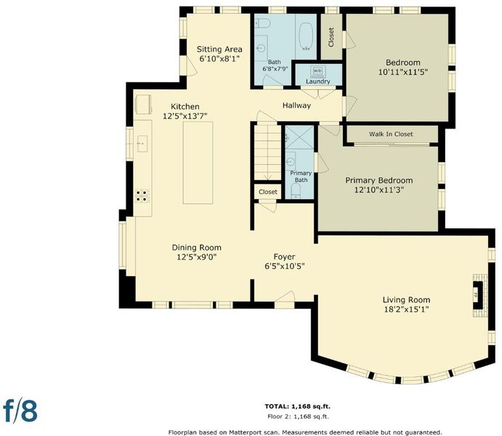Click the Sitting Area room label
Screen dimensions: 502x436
click(219, 49)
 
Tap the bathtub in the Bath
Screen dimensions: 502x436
click(306, 36)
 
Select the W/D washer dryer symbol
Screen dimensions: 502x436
click(317, 71)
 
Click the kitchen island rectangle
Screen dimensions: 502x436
click(198, 163)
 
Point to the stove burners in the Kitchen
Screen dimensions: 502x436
click(142, 196)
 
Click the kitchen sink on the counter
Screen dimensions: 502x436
click(142, 144)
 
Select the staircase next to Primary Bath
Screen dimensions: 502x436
click(267, 153)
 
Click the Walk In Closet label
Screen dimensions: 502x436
click(391, 134)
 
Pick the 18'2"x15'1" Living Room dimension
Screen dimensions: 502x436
click(406, 310)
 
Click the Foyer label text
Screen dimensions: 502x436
click(284, 257)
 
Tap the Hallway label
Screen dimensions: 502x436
click(296, 105)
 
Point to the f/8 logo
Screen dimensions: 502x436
click(20, 411)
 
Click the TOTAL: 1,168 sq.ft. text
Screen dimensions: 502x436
click(297, 406)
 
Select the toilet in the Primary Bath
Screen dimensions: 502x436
click(296, 191)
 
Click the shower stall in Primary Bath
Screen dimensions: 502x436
click(299, 137)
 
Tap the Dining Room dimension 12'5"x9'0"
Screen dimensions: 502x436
click(197, 257)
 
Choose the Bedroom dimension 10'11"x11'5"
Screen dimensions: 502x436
click(403, 72)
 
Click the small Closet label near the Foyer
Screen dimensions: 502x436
click(268, 192)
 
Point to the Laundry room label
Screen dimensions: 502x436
click(317, 81)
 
